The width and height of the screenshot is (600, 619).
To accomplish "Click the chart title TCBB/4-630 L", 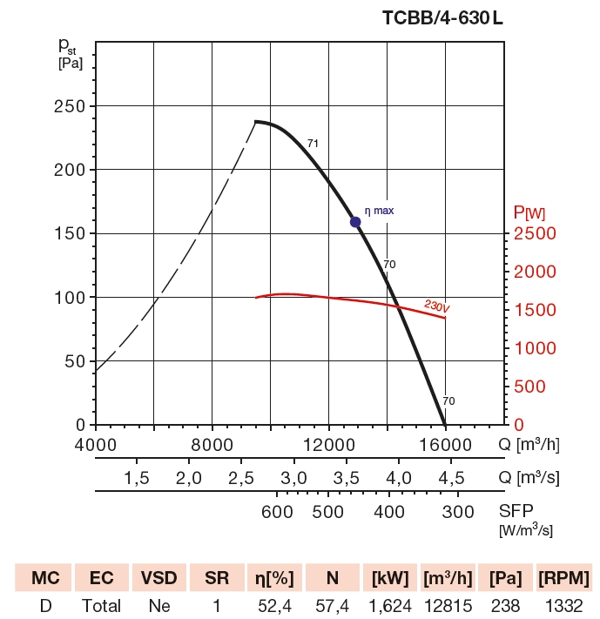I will click(442, 17).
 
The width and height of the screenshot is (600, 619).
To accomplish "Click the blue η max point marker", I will click(355, 222).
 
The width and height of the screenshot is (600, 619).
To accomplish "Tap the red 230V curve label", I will click(437, 306).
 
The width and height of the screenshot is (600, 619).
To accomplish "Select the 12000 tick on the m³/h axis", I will click(328, 446).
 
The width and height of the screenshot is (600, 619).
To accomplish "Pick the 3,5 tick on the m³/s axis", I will click(347, 478).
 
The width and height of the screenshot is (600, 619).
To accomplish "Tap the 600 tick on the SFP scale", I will click(277, 511).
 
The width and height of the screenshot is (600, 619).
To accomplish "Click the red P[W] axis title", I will click(530, 212).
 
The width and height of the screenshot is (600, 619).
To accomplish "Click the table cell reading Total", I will click(101, 605).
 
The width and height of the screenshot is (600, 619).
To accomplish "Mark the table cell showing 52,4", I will click(273, 605).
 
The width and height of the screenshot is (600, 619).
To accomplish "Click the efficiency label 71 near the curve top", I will click(313, 144).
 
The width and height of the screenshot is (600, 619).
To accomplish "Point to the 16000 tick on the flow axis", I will click(445, 446).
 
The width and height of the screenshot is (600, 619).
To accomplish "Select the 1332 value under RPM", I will click(563, 605).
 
